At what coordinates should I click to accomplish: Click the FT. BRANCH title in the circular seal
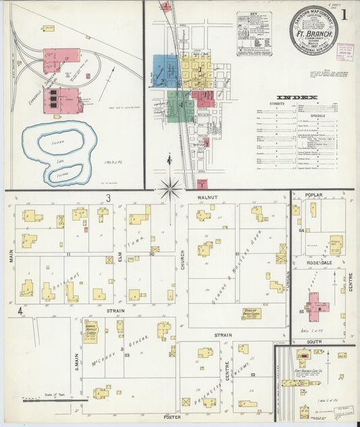coord(313,32)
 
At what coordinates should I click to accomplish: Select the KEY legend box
coord(254,33)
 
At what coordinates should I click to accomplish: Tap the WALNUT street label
coord(207,197)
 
